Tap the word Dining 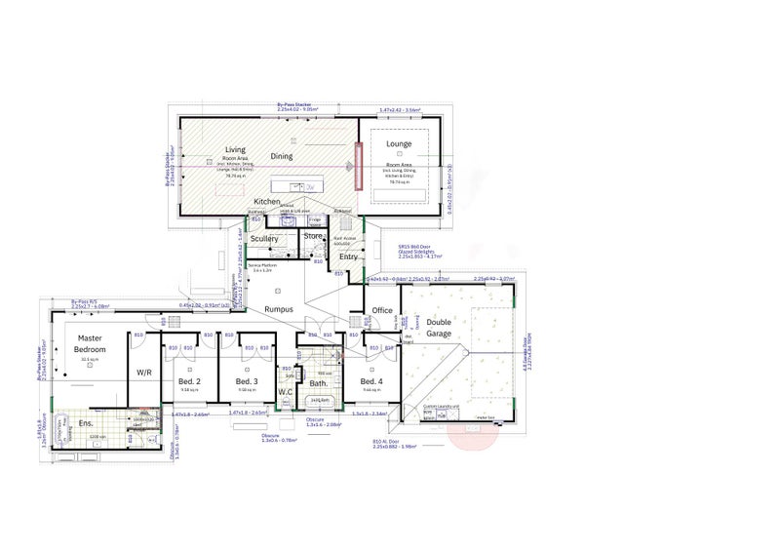tap(282, 155)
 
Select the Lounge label tap(399, 144)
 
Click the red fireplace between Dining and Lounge tap(358, 166)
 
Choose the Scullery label tap(264, 238)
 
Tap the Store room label tap(313, 235)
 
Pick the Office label tap(382, 311)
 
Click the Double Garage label tap(439, 327)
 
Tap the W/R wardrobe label tap(143, 372)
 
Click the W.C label tap(286, 392)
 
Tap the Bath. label tap(319, 383)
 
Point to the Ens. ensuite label tap(86, 424)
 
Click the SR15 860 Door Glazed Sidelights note tap(416, 250)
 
